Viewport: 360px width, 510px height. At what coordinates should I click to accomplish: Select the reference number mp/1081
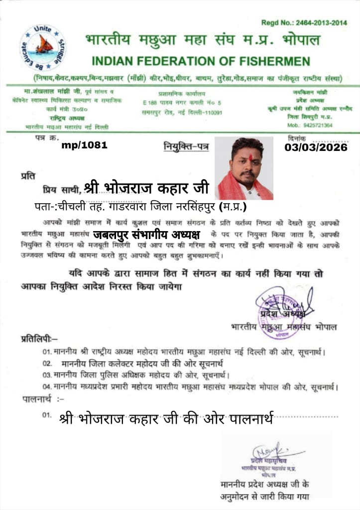(85, 145)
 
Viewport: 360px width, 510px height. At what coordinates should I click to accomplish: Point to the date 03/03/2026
(316, 147)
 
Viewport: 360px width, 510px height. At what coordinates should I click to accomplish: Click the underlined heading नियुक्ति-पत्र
(187, 146)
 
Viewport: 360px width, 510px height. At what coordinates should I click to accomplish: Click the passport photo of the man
(244, 168)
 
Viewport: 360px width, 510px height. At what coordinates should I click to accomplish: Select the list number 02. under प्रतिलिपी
(48, 363)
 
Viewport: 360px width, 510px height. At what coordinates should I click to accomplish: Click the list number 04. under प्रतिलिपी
(47, 386)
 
